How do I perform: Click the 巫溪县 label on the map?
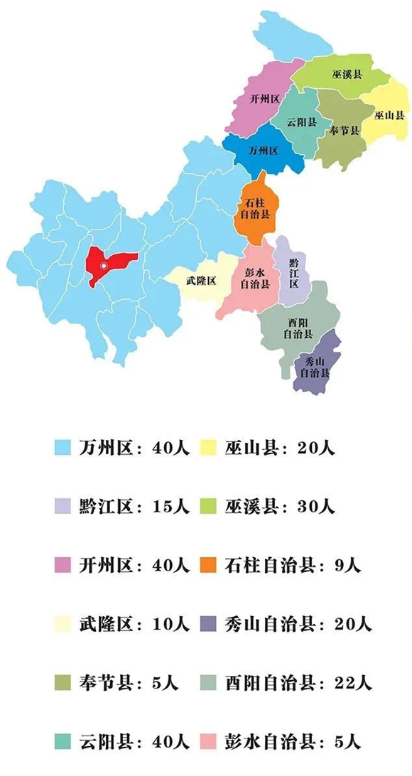347,74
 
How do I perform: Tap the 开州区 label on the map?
262,99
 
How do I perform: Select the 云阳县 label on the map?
300,122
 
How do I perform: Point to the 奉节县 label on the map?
345,131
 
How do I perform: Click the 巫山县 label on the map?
389,114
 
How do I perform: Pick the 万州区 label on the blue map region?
263,151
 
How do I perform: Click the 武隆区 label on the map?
201,281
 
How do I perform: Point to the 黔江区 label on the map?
293,274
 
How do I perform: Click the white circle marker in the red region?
104,266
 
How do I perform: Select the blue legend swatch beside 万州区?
63,448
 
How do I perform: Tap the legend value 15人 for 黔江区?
170,507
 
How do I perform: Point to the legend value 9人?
345,566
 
